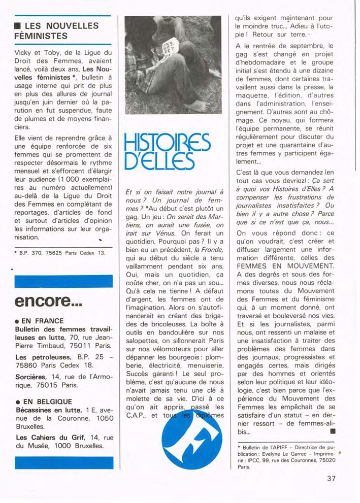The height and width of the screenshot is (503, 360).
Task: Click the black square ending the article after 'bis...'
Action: pos(333,431)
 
